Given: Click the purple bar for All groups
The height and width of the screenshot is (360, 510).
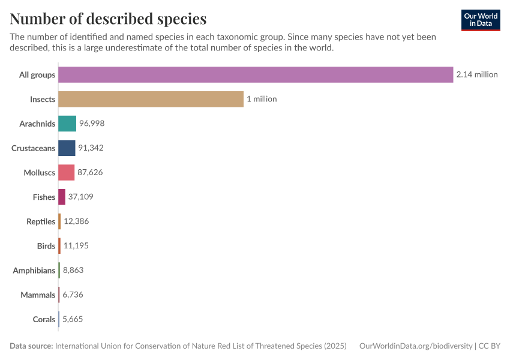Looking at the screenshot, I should [256, 74].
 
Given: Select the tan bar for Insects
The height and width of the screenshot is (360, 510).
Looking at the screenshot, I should [151, 99].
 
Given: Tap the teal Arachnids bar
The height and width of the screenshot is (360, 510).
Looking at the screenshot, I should [67, 124].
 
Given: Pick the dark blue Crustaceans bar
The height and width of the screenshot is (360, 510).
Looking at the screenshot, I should [67, 148].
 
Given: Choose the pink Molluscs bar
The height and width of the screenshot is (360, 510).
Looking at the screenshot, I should [66, 172].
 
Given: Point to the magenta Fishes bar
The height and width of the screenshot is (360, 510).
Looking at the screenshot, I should [62, 197].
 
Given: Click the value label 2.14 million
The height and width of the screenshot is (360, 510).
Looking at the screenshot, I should [477, 74].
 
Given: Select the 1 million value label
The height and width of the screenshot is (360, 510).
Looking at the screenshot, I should [262, 99].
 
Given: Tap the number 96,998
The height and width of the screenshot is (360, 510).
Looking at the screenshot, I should [92, 124].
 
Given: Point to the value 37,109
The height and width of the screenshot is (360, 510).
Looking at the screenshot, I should [81, 197].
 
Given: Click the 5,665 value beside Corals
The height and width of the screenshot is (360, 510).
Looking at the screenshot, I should [73, 319].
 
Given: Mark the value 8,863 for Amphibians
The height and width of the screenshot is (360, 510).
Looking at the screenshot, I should [73, 271].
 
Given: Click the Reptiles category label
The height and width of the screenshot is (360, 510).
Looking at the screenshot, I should [41, 221].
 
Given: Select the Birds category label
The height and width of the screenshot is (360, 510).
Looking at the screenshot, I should [46, 246].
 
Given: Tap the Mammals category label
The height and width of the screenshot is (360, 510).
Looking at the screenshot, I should [38, 295].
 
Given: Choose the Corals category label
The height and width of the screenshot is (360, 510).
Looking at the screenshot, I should [44, 319].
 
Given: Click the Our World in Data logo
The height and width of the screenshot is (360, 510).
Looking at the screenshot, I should [480, 20].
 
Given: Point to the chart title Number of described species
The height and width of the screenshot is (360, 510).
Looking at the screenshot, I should [108, 19].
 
